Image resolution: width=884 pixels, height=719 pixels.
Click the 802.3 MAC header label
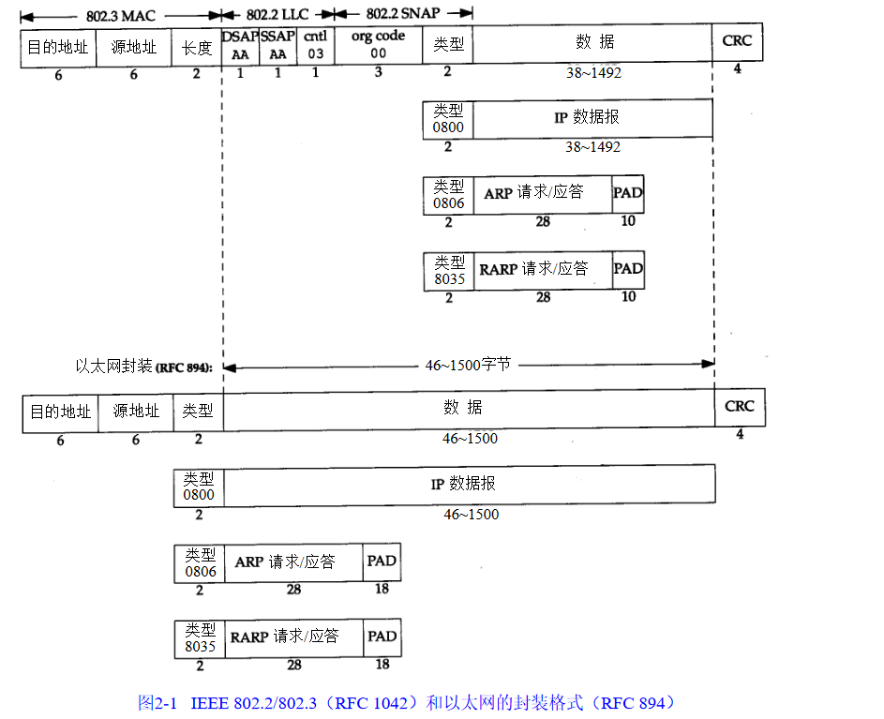click(x=122, y=13)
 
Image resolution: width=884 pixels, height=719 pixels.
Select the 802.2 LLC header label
click(x=277, y=13)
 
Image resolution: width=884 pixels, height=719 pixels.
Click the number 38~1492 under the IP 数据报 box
click(x=592, y=147)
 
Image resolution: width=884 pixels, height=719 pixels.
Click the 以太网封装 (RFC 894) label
click(x=144, y=367)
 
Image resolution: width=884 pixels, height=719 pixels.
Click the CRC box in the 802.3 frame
click(x=737, y=43)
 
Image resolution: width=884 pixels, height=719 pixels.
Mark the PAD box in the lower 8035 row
click(x=382, y=637)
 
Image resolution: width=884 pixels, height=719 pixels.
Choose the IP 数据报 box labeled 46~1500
click(x=470, y=485)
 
